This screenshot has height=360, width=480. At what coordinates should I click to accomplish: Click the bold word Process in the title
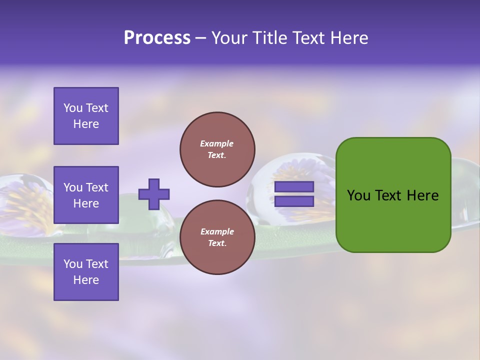(x=157, y=38)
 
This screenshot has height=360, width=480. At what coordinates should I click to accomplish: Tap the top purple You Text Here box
(x=86, y=116)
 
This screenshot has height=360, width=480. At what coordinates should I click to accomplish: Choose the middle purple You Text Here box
(x=86, y=195)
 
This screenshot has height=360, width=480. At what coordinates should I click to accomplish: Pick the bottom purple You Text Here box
(x=86, y=272)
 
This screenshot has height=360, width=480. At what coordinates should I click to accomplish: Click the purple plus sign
(x=154, y=194)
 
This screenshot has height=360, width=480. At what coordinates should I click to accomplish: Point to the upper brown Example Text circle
(x=217, y=149)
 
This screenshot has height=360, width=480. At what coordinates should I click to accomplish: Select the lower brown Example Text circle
(x=217, y=237)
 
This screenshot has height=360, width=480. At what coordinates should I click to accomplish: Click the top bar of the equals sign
(x=294, y=187)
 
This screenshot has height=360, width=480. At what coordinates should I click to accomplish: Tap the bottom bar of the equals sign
(x=294, y=201)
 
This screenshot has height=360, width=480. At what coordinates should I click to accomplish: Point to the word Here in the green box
(x=422, y=195)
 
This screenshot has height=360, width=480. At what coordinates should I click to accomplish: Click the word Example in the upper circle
(x=217, y=143)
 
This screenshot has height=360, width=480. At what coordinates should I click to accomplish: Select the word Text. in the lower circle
(x=217, y=243)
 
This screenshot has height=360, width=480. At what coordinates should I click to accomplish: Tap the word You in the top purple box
(x=72, y=108)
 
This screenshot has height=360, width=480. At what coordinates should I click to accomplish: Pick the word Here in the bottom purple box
(x=86, y=280)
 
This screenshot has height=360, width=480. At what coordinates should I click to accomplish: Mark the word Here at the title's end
(x=349, y=38)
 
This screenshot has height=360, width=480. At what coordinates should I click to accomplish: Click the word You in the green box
(x=358, y=195)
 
